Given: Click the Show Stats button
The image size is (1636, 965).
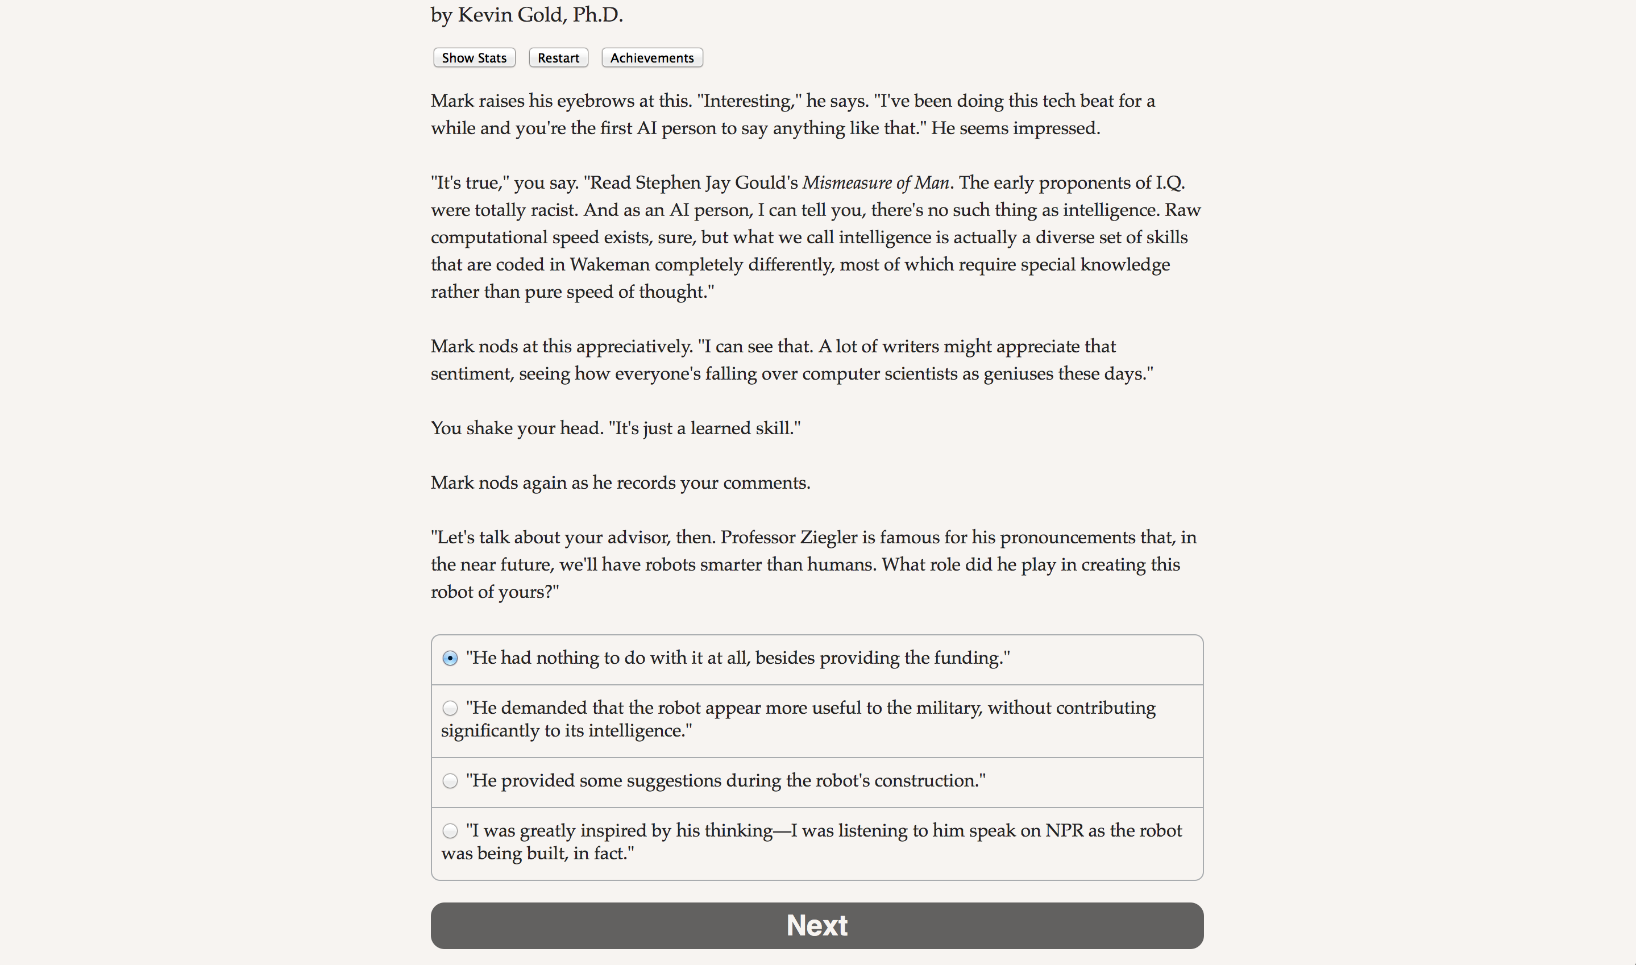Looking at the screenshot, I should (474, 58).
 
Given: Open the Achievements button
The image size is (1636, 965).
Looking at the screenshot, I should (651, 58).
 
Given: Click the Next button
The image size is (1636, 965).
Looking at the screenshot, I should (817, 925).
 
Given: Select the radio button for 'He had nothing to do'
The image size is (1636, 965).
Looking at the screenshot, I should (450, 658).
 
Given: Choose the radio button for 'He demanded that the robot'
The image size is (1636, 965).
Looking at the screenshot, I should (450, 708).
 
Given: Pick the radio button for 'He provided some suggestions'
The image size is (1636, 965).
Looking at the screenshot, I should (450, 781).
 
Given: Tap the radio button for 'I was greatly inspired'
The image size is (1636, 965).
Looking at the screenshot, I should (450, 831).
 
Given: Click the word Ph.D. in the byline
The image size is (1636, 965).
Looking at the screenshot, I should (597, 15).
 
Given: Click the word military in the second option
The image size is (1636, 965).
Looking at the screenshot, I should (949, 708).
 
